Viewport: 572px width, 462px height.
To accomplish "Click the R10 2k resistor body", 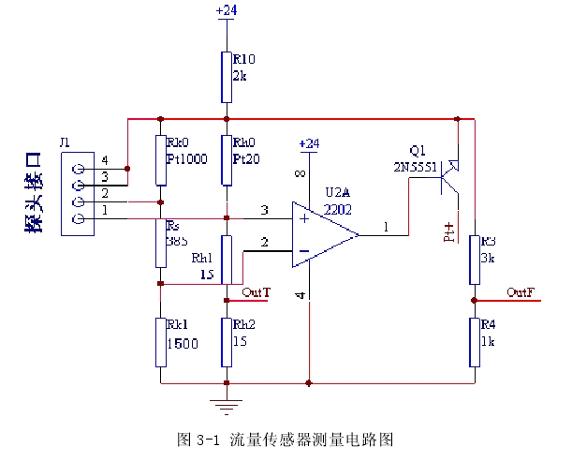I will (226, 71).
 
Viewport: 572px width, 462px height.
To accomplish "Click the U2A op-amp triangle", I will (323, 234).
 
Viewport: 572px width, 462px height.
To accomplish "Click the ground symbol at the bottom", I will (226, 405).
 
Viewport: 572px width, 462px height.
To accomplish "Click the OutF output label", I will (521, 293).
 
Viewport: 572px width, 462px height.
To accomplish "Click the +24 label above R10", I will (226, 10).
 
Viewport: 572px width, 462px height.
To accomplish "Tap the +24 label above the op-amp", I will (308, 143).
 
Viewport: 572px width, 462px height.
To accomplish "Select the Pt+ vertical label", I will (448, 231).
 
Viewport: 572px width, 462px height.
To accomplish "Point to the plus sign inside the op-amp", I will (303, 219).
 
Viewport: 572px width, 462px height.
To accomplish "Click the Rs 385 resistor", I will (160, 245).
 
